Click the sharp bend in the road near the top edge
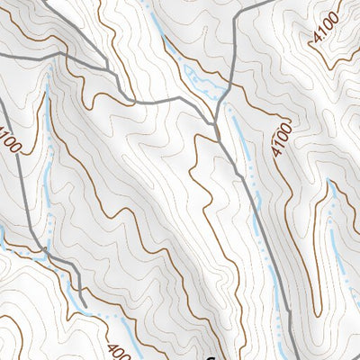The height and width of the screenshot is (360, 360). tap(237, 19)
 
